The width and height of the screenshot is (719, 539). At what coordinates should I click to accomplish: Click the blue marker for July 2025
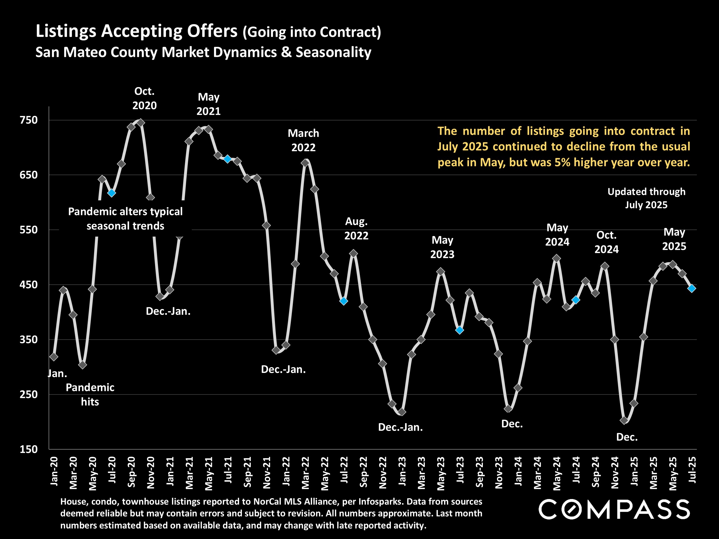pos(692,288)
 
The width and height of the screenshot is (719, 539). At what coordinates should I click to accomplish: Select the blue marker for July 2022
pos(344,301)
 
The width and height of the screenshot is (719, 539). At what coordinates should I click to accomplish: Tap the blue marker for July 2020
pos(112,193)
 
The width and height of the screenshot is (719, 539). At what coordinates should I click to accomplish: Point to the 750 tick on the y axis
pos(29,120)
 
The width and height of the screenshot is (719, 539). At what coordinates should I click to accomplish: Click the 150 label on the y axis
pos(29,449)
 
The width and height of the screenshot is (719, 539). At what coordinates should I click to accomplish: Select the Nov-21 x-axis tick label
pos(267,473)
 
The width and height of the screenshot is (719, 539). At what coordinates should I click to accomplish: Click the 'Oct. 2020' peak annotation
pos(144,98)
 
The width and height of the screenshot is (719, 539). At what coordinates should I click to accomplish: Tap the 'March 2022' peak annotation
pos(303,140)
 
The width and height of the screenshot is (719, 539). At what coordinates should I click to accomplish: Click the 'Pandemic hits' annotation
pos(90,394)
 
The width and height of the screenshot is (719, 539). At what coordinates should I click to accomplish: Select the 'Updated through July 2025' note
pos(646,198)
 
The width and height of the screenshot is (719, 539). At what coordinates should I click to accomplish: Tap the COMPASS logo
pos(614,509)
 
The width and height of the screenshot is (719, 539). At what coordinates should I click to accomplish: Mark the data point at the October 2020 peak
pos(141,123)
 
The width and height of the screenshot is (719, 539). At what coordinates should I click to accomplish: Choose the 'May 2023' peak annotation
pos(442,247)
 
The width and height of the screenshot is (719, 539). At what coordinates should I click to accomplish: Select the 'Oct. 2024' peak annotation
pos(606,242)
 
